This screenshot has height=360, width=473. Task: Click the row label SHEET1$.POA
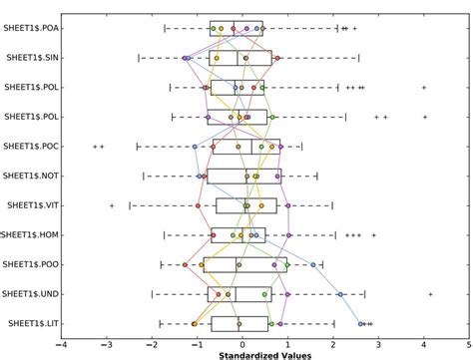point(29,29)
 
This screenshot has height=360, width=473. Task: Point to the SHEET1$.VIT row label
point(31,206)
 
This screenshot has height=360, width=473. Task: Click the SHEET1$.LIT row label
point(31,324)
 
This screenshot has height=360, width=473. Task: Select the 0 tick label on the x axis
point(242,341)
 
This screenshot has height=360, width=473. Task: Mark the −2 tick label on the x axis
point(151,341)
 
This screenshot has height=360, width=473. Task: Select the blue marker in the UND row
point(340,294)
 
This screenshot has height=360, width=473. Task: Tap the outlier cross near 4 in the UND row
point(430,294)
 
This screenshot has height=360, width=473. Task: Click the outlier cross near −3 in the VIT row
point(112,206)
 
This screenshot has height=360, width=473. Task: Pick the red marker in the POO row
point(185,265)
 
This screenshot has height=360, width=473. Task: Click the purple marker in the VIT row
point(289,206)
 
